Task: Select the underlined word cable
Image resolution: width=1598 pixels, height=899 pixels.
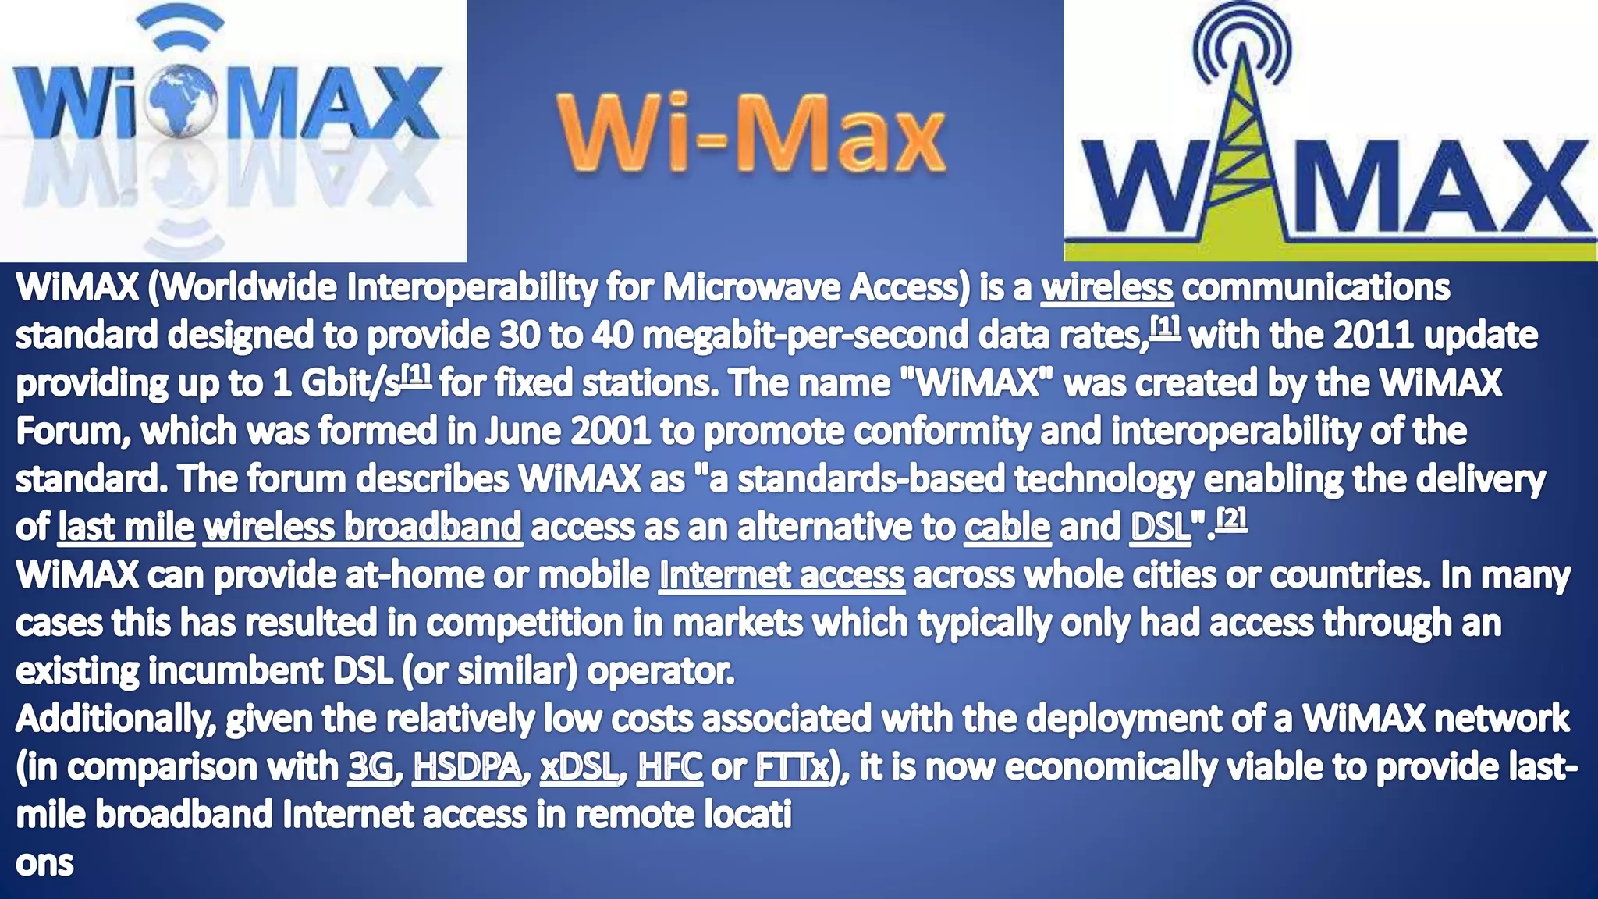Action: coord(1007,528)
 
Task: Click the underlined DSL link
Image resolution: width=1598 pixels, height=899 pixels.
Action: coord(1159,528)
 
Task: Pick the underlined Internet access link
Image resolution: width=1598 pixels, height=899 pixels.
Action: coord(781,576)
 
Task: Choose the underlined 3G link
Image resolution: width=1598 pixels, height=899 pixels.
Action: coord(371,767)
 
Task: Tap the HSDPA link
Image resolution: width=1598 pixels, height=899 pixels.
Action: coord(467,767)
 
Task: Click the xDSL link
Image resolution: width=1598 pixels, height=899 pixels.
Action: coord(578,767)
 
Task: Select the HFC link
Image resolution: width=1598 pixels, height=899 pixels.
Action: coord(669,767)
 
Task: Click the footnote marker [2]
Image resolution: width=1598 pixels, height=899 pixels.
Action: coord(1232,518)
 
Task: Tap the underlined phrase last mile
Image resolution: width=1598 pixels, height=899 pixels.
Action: coord(126,528)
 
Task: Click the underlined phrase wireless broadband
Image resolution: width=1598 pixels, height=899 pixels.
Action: coord(362,528)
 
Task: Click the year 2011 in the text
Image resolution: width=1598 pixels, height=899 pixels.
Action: coord(1373,336)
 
